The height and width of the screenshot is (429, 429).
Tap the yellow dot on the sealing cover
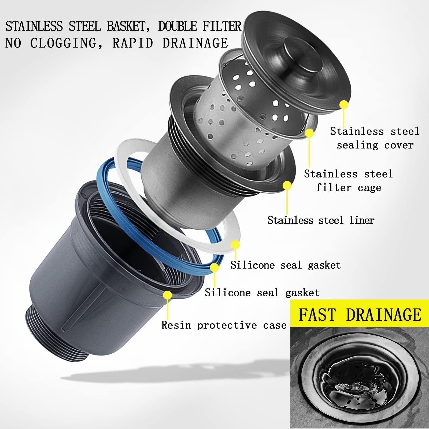[344, 105]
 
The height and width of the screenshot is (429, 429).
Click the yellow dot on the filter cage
[309, 133]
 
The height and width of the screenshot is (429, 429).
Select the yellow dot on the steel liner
[287, 186]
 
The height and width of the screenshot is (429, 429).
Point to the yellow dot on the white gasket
[235, 245]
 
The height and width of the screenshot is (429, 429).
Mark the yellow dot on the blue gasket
[214, 267]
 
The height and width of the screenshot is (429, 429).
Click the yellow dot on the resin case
[167, 295]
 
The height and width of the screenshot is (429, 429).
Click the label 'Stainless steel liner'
[321, 220]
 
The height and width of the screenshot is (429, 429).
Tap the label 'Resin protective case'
[224, 325]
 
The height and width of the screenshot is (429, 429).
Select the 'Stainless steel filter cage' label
[348, 181]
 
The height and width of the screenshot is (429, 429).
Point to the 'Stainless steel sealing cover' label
[375, 138]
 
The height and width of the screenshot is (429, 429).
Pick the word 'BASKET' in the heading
[126, 27]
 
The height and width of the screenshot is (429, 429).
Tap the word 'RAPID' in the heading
[133, 43]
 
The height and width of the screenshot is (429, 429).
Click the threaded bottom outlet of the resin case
[58, 334]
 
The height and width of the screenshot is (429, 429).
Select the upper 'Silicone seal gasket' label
[286, 265]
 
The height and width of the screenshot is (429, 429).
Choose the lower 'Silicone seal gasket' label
[262, 293]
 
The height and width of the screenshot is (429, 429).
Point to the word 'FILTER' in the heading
[222, 27]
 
